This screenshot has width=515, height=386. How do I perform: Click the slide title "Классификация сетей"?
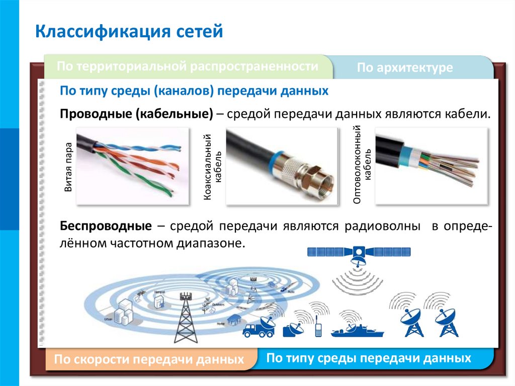coord(129,32)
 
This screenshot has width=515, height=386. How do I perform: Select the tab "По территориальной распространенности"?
coord(187,66)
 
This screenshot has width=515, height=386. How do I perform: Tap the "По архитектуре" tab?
coord(405,68)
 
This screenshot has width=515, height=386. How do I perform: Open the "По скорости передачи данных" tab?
coord(149,360)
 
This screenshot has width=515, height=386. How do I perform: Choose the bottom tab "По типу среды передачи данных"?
coord(369,358)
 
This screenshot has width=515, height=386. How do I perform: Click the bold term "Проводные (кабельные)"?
coord(136,113)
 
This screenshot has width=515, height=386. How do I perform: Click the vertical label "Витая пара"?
coord(68,168)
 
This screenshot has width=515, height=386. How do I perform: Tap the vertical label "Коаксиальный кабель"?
coord(213,168)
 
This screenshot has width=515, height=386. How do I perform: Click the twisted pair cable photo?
coord(133,166)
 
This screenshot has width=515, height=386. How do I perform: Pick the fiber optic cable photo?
coord(432,166)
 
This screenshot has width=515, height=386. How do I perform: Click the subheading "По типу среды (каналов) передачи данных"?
coord(194,91)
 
